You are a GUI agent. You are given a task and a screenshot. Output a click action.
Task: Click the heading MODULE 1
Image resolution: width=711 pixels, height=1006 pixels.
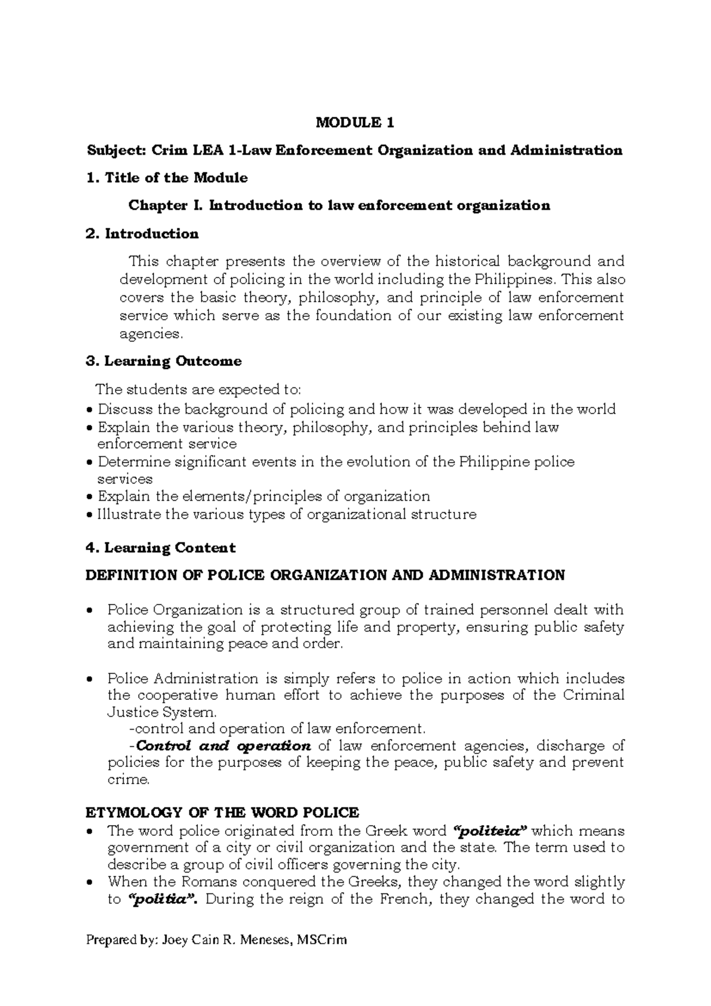click(354, 123)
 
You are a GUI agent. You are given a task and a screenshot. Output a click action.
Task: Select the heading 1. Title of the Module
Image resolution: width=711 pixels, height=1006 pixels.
click(166, 178)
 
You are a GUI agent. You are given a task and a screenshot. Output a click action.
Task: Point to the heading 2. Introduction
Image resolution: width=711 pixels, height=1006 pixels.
click(142, 234)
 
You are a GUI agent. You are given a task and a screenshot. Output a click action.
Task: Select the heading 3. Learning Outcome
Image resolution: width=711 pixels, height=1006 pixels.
click(164, 361)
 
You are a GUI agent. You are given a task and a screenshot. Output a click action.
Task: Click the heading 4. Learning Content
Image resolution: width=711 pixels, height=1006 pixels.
click(161, 547)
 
